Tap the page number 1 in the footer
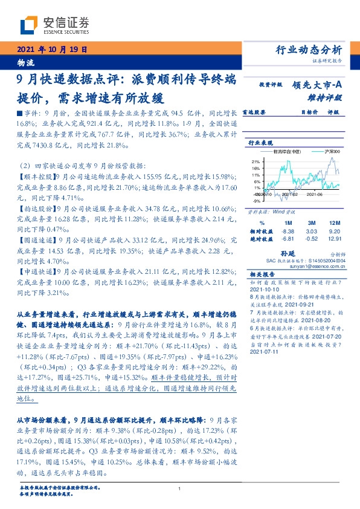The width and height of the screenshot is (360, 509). [180, 488]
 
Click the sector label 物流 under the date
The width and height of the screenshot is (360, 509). [27, 63]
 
